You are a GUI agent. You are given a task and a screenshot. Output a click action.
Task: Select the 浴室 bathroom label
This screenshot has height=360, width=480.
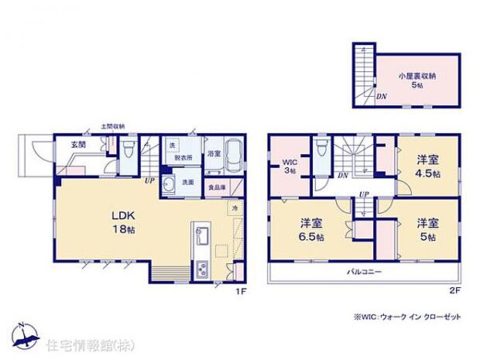coord(214,153)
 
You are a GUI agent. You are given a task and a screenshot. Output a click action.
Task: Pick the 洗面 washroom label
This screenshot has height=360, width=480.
coord(188,182)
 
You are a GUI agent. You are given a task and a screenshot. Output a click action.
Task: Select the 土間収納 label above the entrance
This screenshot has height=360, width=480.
coord(112,127)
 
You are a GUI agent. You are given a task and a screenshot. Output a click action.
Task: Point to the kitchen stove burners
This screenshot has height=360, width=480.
coord(201,269)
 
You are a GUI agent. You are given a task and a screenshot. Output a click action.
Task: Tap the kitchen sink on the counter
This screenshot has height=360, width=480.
coord(201,232)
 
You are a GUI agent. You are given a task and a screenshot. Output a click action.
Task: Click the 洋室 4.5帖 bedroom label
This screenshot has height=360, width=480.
coord(427,166)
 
